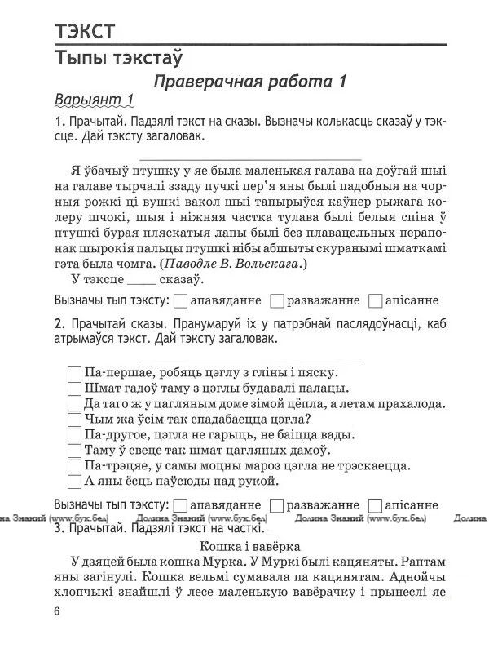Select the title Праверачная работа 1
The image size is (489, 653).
coord(250,81)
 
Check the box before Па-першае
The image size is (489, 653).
coord(74,373)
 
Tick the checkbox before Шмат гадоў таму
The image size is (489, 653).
coord(74,389)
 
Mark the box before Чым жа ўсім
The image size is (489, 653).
coord(74,420)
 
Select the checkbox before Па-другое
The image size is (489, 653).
coord(74,435)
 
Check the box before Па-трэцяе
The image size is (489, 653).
coord(74,466)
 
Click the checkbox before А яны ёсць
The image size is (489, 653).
coord(74,482)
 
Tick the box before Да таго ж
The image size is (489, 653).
coord(74,404)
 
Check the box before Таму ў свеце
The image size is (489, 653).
coord(74,451)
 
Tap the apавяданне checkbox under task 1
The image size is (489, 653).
coord(182,300)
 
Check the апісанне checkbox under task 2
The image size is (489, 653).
coord(375,504)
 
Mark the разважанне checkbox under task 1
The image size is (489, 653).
coord(277,300)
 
